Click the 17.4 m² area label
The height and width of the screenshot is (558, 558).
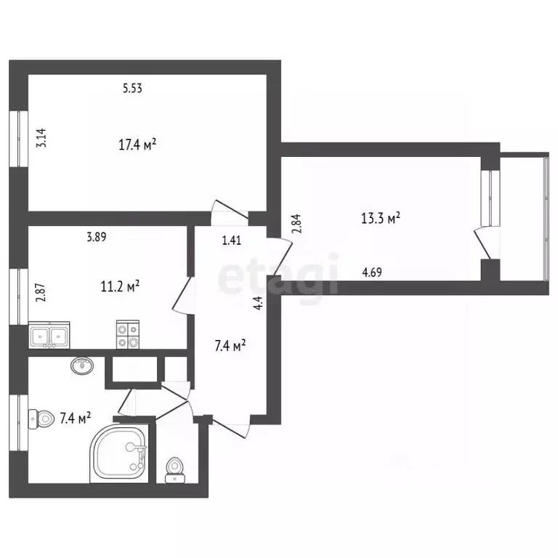click(137, 145)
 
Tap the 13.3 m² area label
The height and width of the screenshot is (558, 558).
click(381, 217)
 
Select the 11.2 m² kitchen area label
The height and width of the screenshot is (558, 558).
click(120, 286)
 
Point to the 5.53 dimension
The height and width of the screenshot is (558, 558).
click(132, 88)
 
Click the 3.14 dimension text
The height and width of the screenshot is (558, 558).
click(41, 138)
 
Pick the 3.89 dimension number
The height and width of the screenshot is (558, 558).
click(97, 237)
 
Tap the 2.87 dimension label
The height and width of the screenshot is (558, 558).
click(41, 292)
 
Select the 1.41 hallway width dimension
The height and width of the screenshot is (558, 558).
click(232, 240)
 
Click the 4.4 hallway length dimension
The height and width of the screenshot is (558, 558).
click(259, 302)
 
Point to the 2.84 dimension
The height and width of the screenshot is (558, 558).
click(296, 224)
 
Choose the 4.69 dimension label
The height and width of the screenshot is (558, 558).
click(372, 272)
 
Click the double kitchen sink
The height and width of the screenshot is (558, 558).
click(49, 335)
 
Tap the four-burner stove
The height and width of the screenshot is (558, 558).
click(128, 334)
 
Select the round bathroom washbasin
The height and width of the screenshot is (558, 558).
click(83, 365)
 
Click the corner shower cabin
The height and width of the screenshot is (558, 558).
click(119, 453)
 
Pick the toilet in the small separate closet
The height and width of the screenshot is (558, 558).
click(175, 471)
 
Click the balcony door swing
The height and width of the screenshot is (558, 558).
click(482, 244)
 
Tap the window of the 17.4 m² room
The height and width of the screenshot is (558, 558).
click(18, 139)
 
